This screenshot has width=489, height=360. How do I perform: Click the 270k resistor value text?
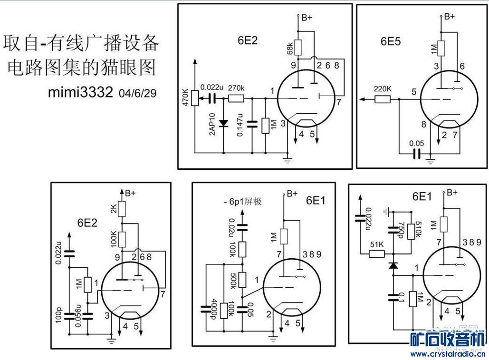pyautogui.click(x=236, y=88)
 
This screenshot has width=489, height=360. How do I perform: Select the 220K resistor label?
pyautogui.click(x=382, y=89)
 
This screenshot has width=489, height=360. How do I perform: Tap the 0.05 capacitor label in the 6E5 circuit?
pyautogui.click(x=416, y=142)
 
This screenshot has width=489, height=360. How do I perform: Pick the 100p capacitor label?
pyautogui.click(x=59, y=316)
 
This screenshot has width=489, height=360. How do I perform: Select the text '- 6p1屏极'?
pyautogui.click(x=242, y=202)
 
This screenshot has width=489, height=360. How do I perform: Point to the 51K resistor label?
pyautogui.click(x=377, y=244)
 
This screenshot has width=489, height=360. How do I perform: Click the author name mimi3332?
pyautogui.click(x=80, y=92)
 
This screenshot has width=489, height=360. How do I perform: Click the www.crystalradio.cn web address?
pyautogui.click(x=447, y=354)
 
